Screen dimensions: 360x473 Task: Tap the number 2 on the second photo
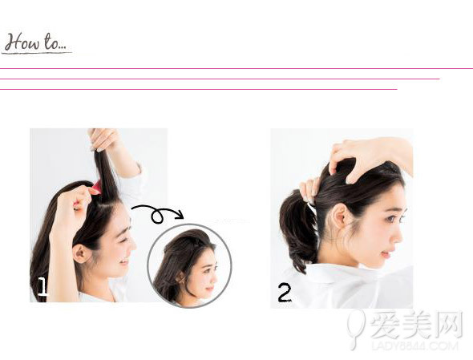pos(285,293)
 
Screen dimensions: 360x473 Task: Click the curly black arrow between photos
pos(157,214)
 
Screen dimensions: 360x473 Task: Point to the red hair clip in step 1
pos(95,188)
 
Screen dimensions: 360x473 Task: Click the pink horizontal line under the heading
pos(220,79)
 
